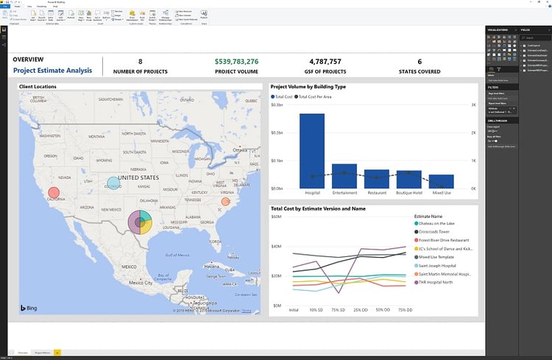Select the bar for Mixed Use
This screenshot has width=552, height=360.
[x=442, y=182]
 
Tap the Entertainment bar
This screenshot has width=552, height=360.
[x=344, y=176]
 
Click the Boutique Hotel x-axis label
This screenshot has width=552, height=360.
[x=409, y=193]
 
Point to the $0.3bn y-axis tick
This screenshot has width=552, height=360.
[x=277, y=105]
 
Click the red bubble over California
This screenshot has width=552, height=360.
[x=53, y=194]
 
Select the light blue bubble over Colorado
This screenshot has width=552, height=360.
[x=113, y=183]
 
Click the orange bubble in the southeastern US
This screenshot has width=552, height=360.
[x=226, y=201]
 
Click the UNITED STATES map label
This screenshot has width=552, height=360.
[x=138, y=177]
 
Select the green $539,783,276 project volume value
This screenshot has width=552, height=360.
[x=237, y=61]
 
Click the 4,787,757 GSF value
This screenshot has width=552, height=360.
[x=325, y=61]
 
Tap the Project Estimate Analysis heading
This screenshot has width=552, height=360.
[x=52, y=71]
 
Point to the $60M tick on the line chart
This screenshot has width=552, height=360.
[x=277, y=217]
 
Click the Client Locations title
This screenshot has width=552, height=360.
[x=39, y=87]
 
